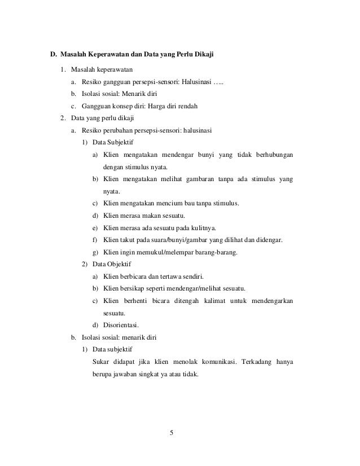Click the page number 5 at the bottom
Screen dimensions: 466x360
[173, 433]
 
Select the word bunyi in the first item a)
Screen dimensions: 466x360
[209, 155]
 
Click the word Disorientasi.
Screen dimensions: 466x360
[122, 325]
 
